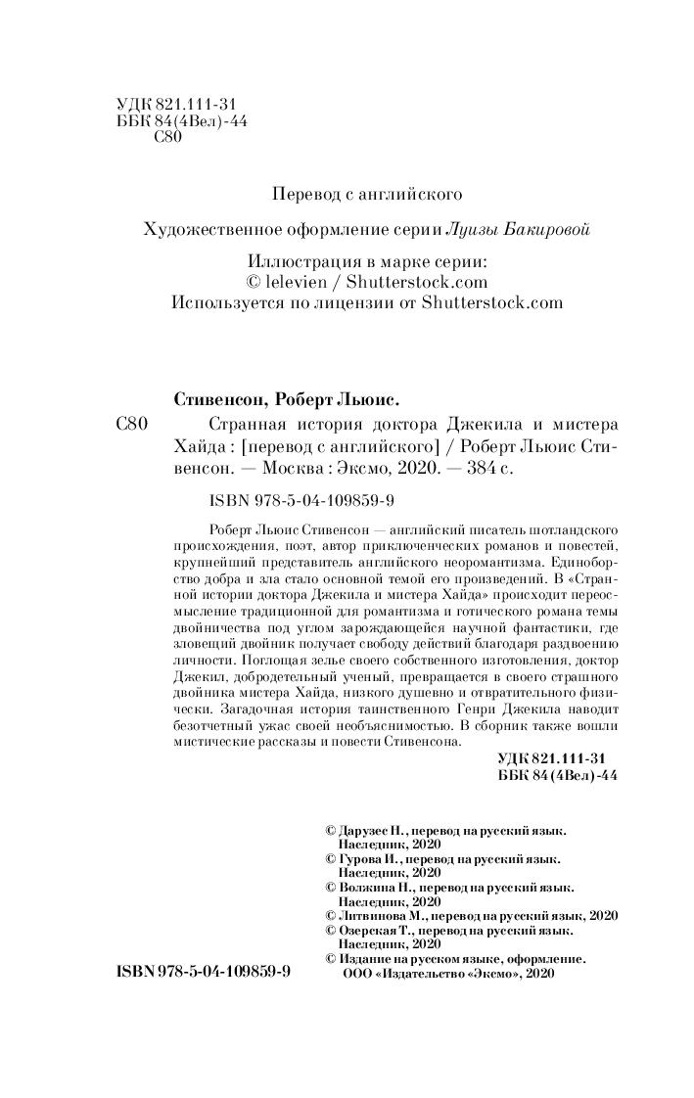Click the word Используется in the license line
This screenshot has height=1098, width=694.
[223, 302]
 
